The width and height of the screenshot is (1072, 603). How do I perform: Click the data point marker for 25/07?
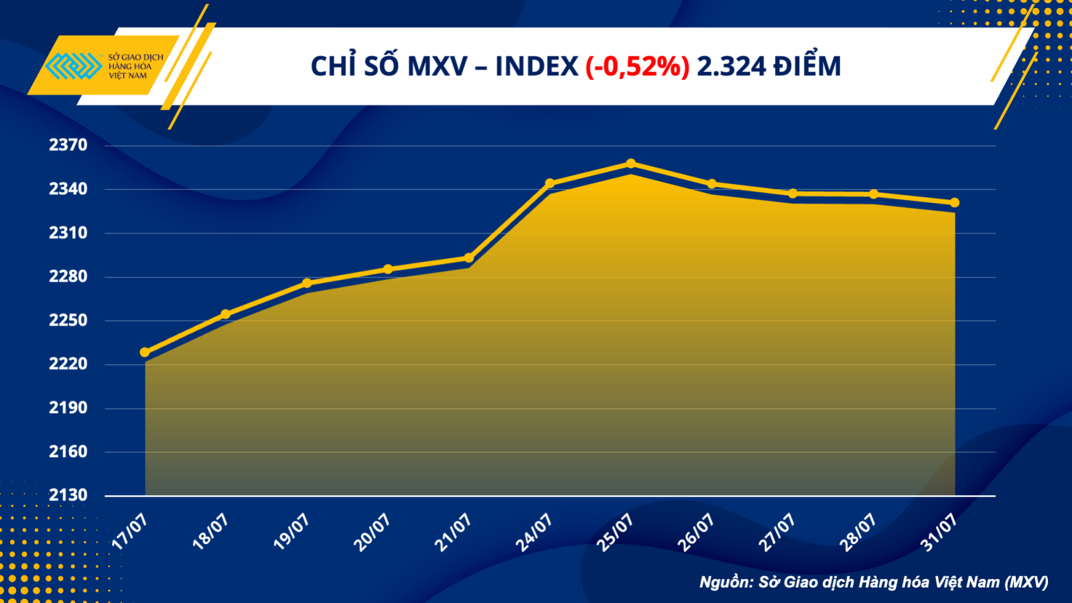(x=630, y=163)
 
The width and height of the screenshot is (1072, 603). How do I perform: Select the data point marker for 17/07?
(x=145, y=352)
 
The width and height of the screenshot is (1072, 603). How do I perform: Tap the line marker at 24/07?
(x=550, y=183)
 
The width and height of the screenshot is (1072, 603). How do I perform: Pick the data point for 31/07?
(x=955, y=202)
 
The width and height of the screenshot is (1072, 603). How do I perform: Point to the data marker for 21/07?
(x=469, y=258)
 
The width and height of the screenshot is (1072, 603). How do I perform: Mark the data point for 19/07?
(x=307, y=283)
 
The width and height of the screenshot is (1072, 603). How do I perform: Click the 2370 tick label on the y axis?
(x=68, y=145)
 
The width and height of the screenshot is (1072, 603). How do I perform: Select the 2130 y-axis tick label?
(x=68, y=495)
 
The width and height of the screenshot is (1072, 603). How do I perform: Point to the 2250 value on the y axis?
(x=68, y=320)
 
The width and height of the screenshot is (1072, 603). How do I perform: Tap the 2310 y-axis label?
(x=68, y=232)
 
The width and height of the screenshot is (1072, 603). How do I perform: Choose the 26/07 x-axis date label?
(x=696, y=533)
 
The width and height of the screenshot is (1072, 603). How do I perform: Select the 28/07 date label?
(x=858, y=533)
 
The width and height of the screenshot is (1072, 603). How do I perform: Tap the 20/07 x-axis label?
(x=373, y=533)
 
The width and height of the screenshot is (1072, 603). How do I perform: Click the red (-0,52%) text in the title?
(x=637, y=66)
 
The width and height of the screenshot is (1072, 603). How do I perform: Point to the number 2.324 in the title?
(x=731, y=66)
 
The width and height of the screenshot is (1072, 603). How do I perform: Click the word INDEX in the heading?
(x=536, y=66)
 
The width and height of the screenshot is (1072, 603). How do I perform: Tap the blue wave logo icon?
(x=73, y=66)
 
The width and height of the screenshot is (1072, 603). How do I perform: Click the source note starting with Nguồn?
(x=874, y=582)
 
